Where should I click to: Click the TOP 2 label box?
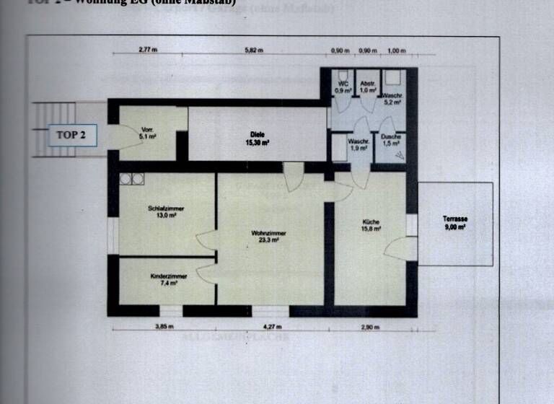(x=71, y=135)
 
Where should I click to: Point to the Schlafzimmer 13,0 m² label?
(x=166, y=211)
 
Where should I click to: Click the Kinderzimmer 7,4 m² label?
(x=169, y=279)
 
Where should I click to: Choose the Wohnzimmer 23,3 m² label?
(x=268, y=237)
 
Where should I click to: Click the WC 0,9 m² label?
(x=343, y=87)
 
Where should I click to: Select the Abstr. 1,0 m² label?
(x=368, y=87)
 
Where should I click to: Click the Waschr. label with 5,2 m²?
(x=392, y=100)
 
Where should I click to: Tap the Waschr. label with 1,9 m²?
(x=359, y=145)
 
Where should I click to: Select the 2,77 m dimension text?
(x=148, y=50)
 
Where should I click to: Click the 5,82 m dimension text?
(x=254, y=50)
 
